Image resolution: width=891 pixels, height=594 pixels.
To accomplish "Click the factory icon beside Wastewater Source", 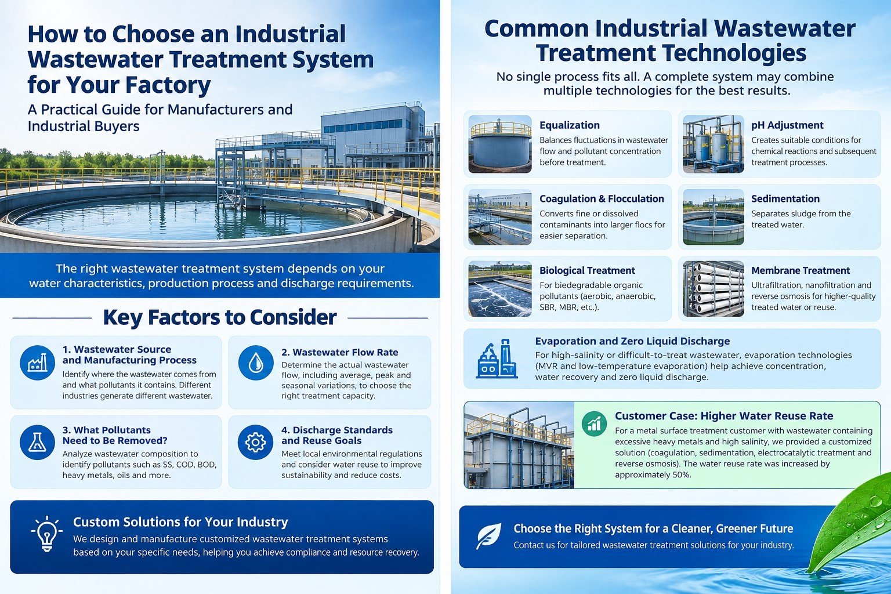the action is coord(37,363).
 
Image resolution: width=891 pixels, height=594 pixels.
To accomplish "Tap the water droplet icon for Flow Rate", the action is coord(256,363).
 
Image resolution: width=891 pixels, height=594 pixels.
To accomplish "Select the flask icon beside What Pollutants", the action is coord(37,442).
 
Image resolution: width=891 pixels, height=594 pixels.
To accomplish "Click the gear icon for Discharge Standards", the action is coord(255,442).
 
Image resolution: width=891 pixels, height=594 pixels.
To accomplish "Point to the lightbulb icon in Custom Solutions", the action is coord(47,534).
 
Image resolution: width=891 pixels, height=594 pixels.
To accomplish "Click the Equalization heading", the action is coord(569,125).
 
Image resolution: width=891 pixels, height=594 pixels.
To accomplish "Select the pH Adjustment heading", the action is coord(787,125).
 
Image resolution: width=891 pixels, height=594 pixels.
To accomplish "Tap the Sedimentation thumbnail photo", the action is coord(713,217).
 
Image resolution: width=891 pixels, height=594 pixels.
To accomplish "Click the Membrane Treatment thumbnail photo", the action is coord(713,288).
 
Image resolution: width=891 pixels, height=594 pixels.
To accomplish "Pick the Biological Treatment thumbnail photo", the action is coord(500,288).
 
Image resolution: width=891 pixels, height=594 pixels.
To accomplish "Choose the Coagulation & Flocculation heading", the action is coord(602,198).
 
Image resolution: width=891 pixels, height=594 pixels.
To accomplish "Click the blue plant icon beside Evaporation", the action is coord(497,358).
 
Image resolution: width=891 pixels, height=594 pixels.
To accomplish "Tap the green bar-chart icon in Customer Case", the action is coord(594,423).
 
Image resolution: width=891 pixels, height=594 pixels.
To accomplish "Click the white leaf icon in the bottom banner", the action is coord(488,536).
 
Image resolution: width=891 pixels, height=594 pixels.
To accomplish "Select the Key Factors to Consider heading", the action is coord(220,317).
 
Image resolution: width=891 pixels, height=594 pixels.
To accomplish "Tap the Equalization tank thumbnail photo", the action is coord(500,144).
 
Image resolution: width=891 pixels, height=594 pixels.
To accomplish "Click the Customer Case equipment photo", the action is coord(519,445).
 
